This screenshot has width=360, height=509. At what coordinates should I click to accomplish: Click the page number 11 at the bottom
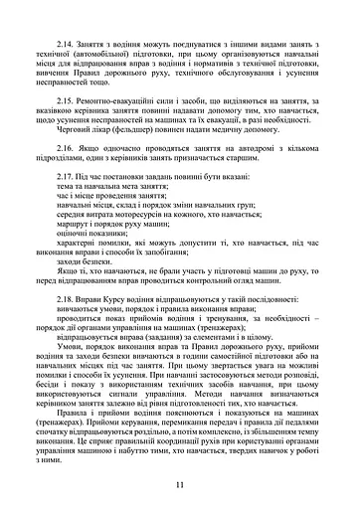point(179,483)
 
